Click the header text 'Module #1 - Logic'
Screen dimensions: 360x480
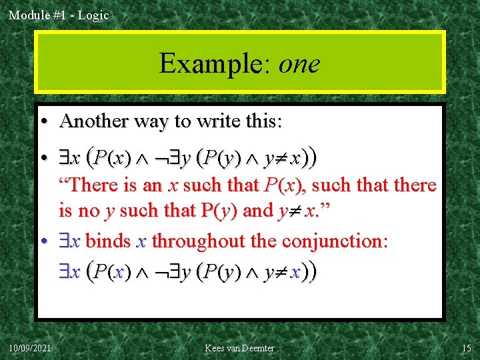(59, 15)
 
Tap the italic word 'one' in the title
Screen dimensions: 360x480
(299, 64)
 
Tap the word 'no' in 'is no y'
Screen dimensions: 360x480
(89, 211)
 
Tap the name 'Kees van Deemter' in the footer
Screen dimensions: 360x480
(239, 348)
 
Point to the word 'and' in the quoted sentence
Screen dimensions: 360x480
(258, 211)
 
